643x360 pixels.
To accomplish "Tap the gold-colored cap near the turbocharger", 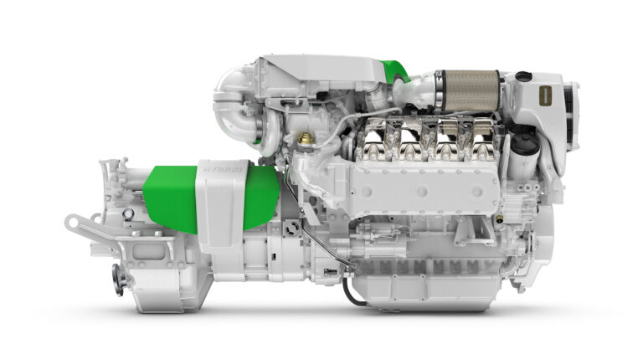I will [306, 138].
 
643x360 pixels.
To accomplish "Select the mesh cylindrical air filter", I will [471, 86].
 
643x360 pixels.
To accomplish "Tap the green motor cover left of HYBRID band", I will [171, 199].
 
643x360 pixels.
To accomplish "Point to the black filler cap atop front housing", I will [524, 76].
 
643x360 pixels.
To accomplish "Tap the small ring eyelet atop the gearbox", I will [128, 214].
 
